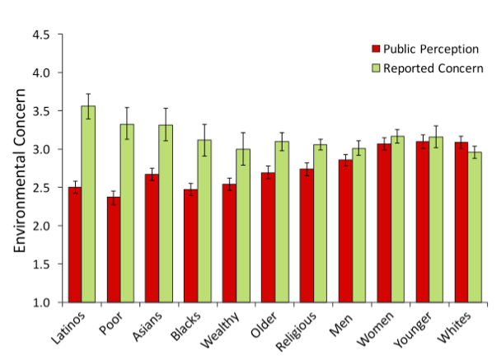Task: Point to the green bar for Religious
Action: coord(320,223)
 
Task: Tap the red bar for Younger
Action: coord(423,222)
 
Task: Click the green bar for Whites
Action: coord(475,227)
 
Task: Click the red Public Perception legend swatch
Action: coord(377,49)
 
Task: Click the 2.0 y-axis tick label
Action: coord(40,227)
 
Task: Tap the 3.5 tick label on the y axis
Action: coord(40,112)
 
